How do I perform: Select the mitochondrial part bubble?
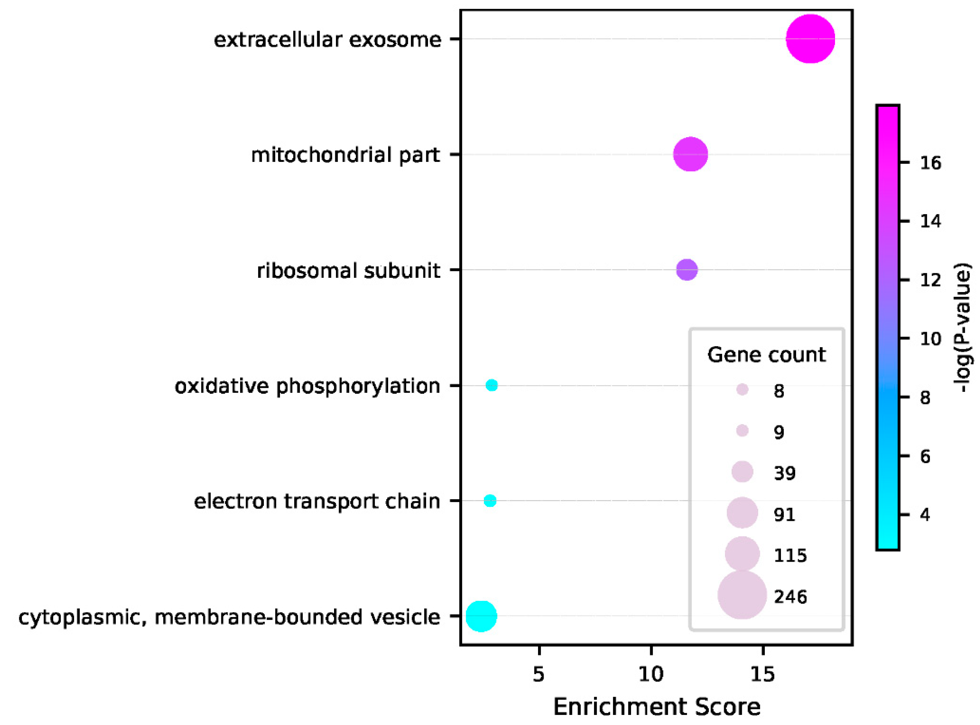[690, 154]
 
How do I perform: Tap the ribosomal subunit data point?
[687, 270]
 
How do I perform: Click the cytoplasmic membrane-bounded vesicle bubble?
[481, 616]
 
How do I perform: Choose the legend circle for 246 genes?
[742, 595]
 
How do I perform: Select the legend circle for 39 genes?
[742, 472]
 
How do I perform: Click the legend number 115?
[790, 556]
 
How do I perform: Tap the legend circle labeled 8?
[742, 389]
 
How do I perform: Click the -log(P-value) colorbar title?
[963, 327]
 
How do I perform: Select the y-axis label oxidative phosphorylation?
[307, 386]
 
